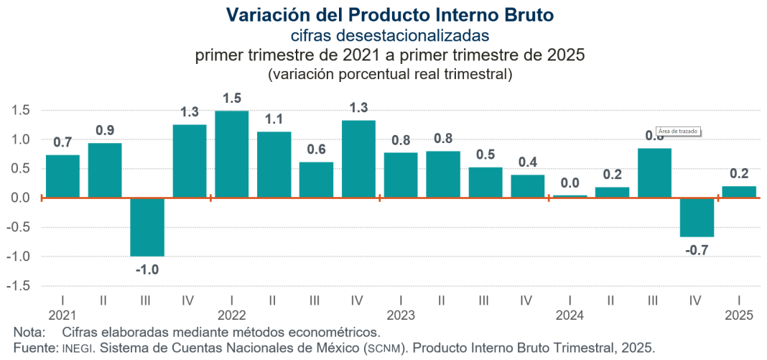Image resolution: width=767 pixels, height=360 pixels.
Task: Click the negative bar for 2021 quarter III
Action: coord(147,227)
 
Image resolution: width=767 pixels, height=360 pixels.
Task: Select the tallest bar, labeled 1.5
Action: coord(231,154)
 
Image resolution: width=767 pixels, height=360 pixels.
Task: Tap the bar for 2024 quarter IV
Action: coord(697,217)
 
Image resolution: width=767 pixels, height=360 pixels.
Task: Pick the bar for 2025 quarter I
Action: coord(739,192)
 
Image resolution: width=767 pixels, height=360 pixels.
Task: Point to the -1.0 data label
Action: coord(147,269)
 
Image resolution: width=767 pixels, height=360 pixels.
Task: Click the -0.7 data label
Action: coord(697,249)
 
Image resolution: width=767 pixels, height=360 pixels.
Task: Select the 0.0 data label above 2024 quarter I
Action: coord(570,183)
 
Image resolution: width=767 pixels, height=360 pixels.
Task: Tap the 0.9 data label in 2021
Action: coord(105,131)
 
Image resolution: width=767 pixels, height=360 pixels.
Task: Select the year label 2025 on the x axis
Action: coord(739,315)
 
